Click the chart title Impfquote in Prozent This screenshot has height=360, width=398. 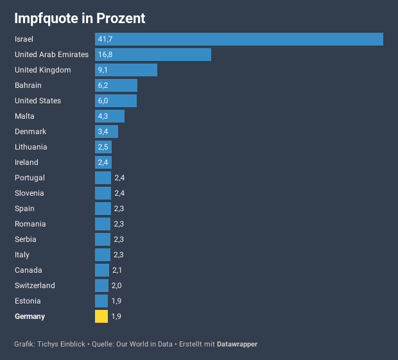80,19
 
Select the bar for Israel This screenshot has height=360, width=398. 239,39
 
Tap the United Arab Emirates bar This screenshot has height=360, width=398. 153,55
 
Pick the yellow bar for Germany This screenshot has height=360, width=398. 101,316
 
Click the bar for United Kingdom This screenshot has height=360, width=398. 126,70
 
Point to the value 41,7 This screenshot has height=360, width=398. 106,39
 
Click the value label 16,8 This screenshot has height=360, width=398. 106,55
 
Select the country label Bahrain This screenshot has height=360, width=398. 28,85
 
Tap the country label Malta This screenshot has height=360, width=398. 24,116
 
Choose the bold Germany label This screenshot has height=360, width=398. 30,316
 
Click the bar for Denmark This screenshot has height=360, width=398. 107,132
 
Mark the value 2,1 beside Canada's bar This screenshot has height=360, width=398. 117,270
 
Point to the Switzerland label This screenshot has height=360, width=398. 35,286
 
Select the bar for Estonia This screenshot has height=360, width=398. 101,301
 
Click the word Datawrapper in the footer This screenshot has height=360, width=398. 237,345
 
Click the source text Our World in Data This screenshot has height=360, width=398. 144,345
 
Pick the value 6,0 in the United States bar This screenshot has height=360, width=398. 103,101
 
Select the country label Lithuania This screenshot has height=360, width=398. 31,147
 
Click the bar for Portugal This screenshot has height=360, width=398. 103,178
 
